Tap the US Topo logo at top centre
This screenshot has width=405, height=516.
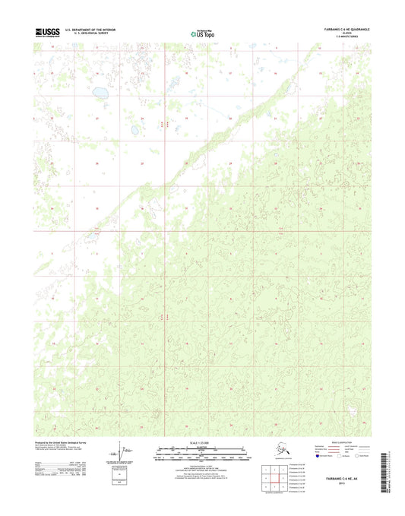click(x=204, y=35)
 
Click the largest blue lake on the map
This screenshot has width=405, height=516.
click(x=100, y=95)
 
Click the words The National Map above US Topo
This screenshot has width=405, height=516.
click(x=205, y=29)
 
